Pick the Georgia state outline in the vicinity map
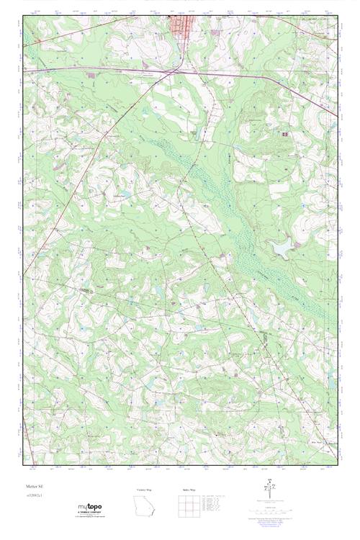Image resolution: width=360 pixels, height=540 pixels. point(145,508)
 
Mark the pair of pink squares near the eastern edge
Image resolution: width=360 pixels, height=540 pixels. point(285,134)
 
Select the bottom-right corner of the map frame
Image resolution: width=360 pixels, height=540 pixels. point(337,464)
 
